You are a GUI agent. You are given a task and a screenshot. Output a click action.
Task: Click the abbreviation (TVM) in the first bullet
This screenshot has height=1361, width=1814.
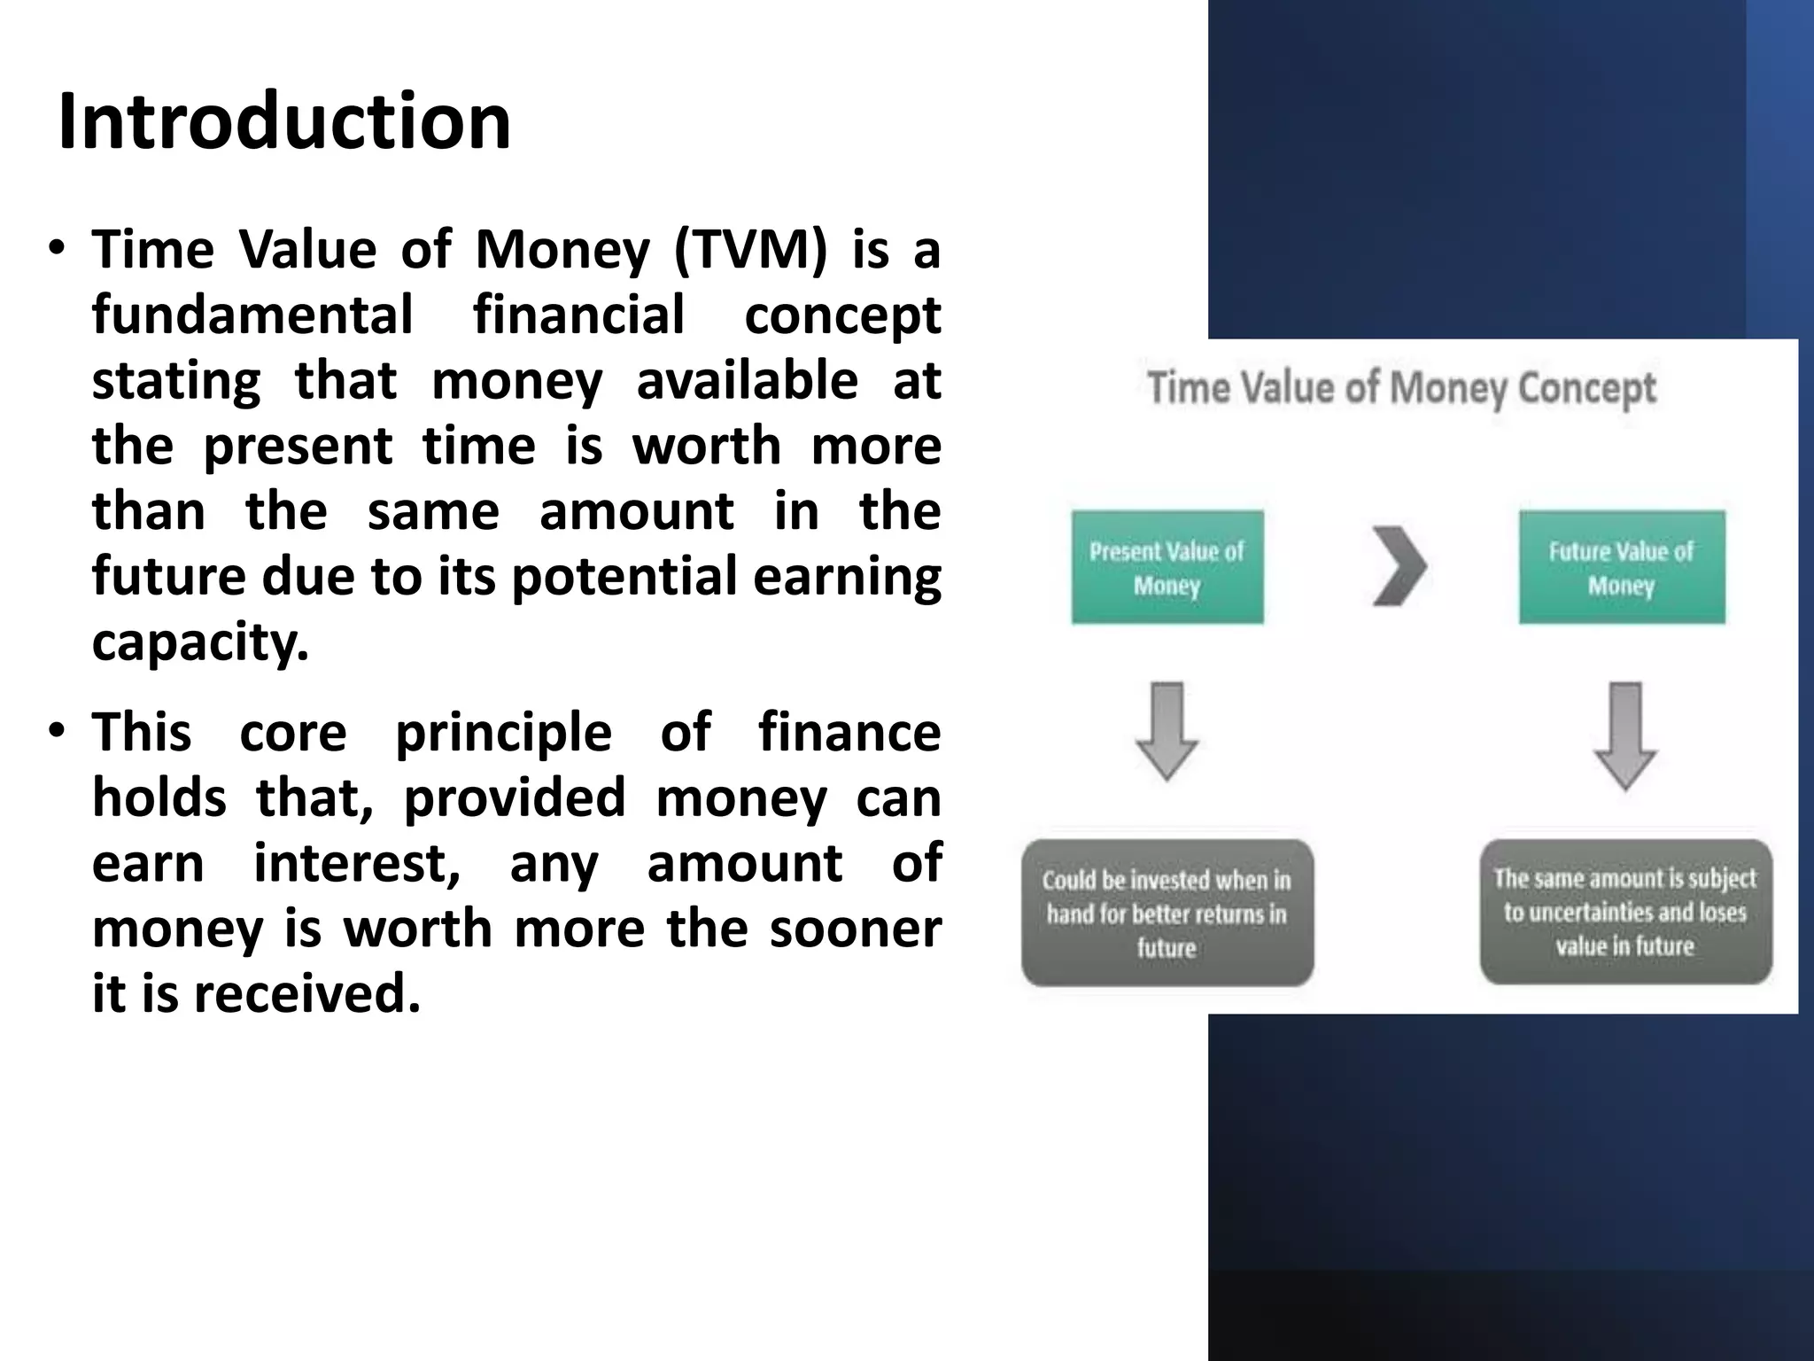(750, 249)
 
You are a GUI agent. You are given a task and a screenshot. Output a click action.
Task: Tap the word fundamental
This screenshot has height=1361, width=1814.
(252, 315)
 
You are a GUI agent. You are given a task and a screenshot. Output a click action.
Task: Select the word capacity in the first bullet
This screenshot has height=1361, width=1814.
(200, 642)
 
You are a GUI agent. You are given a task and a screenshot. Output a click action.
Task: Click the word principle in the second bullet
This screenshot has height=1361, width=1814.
(503, 733)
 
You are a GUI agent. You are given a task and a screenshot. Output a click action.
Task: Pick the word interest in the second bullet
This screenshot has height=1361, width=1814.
(357, 863)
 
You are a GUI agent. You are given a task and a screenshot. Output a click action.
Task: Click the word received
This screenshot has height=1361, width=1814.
(306, 993)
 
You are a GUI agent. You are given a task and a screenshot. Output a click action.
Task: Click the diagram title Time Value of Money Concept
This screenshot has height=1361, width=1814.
(1401, 388)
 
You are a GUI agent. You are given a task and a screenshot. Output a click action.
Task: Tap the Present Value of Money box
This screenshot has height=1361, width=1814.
(1167, 568)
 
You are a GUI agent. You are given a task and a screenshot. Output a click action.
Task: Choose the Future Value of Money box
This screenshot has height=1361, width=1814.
(1621, 568)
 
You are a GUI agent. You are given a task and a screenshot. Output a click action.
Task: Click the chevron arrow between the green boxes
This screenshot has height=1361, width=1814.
(1399, 566)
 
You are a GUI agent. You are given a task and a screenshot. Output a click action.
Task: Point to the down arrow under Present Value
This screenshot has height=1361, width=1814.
(1167, 730)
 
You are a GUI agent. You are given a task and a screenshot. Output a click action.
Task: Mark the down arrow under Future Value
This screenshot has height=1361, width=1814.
(1624, 735)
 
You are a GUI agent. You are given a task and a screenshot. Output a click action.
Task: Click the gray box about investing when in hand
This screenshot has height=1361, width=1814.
(1167, 914)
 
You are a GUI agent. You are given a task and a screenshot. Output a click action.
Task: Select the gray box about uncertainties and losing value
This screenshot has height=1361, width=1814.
(1624, 912)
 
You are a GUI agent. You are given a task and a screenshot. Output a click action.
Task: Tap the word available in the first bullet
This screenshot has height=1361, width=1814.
(747, 381)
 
